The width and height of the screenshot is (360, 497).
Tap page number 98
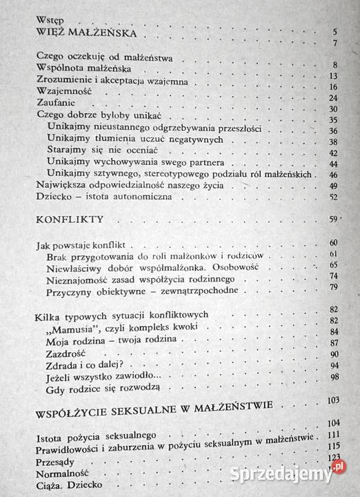(334, 377)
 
